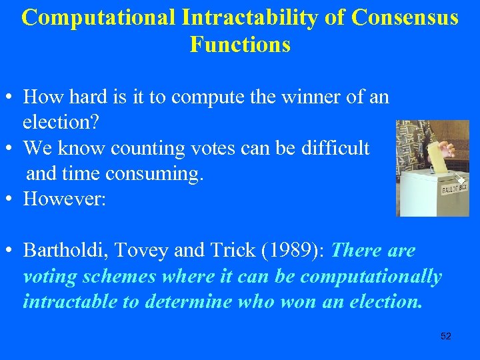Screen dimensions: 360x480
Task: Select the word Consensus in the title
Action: (x=405, y=18)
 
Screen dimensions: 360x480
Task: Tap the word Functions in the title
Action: (x=240, y=45)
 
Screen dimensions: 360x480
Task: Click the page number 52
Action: (x=446, y=336)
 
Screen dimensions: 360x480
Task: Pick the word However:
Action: (x=65, y=199)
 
